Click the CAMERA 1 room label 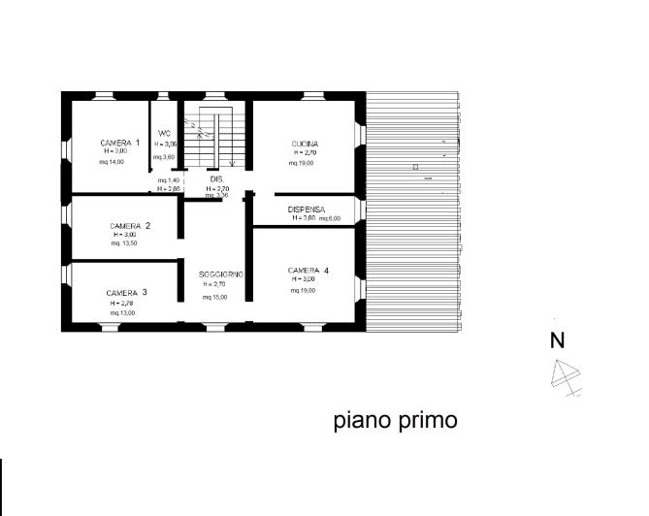click(x=119, y=143)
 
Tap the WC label click(x=165, y=133)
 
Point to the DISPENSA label click(x=307, y=210)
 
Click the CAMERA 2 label click(x=129, y=226)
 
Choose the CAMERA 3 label click(x=126, y=293)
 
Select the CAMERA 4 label click(x=308, y=270)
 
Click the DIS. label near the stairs click(x=217, y=179)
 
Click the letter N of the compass click(x=558, y=340)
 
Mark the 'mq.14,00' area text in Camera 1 click(x=114, y=162)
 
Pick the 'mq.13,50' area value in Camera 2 click(x=123, y=243)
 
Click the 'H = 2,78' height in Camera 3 click(x=123, y=304)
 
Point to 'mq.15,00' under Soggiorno click(x=213, y=297)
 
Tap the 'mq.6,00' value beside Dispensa click(x=330, y=219)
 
